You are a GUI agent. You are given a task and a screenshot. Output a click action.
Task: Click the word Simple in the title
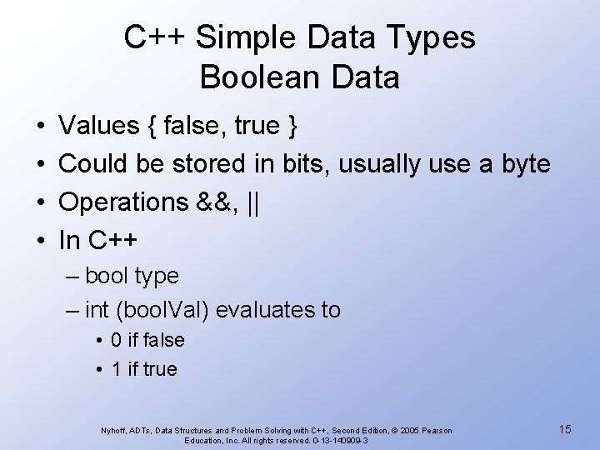click(x=247, y=37)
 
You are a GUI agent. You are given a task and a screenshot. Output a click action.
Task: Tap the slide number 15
click(x=565, y=429)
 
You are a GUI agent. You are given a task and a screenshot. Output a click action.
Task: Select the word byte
click(x=525, y=165)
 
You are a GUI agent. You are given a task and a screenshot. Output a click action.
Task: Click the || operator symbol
click(x=253, y=202)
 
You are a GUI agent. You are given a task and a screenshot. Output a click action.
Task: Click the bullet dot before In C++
click(x=40, y=241)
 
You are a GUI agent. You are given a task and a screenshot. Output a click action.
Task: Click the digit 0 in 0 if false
click(x=117, y=340)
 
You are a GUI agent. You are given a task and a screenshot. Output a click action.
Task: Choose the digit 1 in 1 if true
click(x=117, y=369)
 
